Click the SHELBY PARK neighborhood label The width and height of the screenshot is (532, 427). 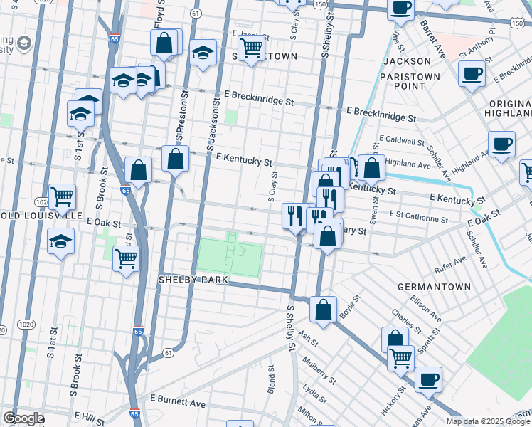(193, 280)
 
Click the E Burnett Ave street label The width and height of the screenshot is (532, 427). (177, 404)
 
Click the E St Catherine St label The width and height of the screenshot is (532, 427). (419, 213)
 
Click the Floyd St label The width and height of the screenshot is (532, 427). (159, 15)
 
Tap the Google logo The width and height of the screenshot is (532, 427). (23, 418)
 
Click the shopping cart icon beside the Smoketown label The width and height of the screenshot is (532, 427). (250, 49)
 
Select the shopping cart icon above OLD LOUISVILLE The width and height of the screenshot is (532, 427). (62, 195)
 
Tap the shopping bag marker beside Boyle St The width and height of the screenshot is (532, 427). (323, 309)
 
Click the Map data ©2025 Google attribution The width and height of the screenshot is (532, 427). (487, 421)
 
